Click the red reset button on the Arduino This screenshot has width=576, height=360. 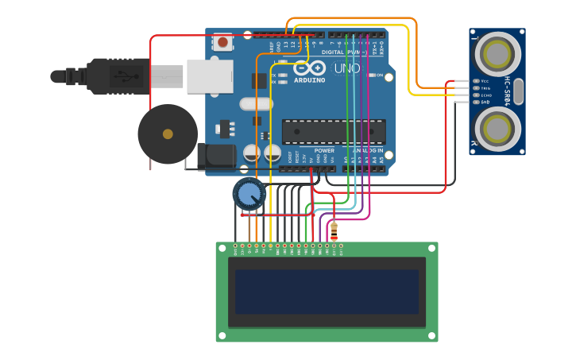(x=222, y=41)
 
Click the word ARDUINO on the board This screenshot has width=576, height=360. (x=309, y=80)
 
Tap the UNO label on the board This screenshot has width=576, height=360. (x=347, y=69)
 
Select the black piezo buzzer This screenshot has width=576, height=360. (x=168, y=134)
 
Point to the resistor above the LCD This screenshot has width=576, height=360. (x=334, y=231)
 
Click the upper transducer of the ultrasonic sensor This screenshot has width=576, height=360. (x=497, y=53)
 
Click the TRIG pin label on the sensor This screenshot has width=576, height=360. (x=486, y=87)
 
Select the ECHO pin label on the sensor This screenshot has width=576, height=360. (x=486, y=95)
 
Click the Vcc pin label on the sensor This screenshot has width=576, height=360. (x=485, y=80)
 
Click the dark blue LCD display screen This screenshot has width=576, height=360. (x=327, y=291)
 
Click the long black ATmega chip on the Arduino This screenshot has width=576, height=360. (x=334, y=132)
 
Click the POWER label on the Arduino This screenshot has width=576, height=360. (x=324, y=149)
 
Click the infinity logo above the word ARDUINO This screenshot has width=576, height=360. (x=311, y=68)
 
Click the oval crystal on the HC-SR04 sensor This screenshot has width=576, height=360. (x=519, y=91)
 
